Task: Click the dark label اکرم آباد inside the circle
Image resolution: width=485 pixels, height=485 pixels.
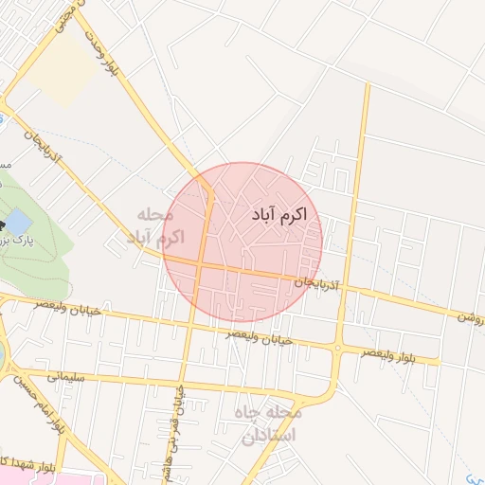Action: tap(279, 216)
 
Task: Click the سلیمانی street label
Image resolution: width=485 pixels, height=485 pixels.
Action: tap(59, 376)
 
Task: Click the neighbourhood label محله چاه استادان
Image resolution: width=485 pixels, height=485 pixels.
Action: tap(270, 425)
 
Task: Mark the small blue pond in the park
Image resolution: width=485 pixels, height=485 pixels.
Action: tap(18, 225)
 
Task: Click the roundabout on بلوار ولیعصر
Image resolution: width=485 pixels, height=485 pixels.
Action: tap(338, 348)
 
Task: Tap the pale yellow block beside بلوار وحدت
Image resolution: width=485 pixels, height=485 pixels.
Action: tap(57, 72)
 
